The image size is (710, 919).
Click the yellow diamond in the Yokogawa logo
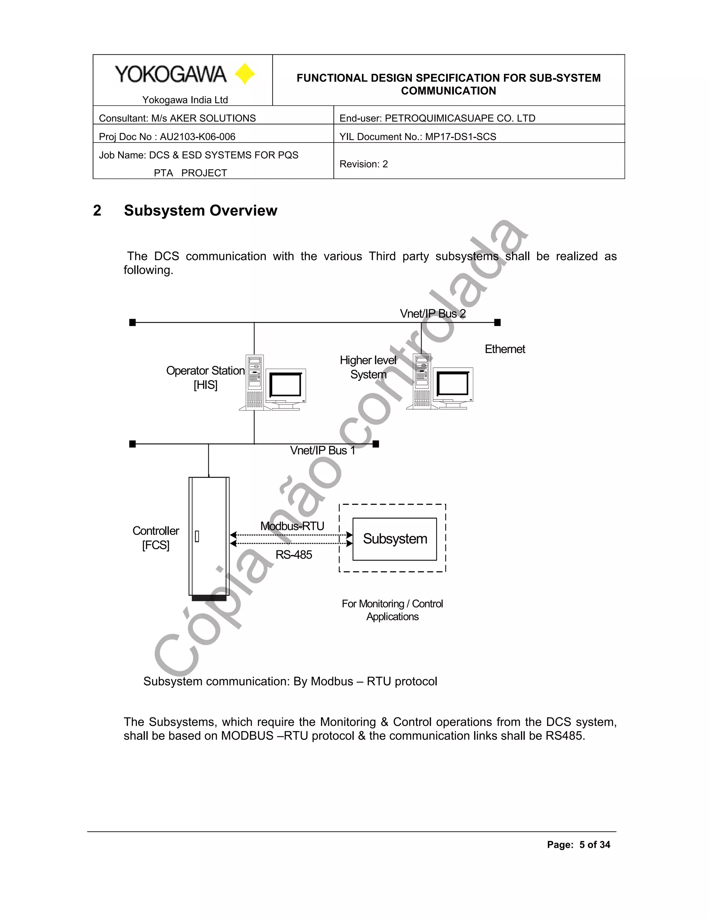tap(245, 74)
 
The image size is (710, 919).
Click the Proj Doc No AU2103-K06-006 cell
tap(167, 137)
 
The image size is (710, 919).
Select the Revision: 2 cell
tap(363, 164)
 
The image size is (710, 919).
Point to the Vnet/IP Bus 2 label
tap(432, 314)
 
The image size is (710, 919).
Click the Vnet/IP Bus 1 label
tap(322, 451)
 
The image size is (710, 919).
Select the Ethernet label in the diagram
tap(505, 349)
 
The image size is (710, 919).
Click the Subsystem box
tap(395, 539)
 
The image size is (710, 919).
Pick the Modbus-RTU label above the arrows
tap(292, 526)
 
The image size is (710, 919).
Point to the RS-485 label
tap(294, 555)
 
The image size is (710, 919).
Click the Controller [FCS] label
tap(156, 538)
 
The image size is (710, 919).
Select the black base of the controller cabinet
tap(209, 598)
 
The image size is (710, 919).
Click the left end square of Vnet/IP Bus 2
tap(132, 323)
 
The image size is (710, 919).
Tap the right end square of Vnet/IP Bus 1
tap(376, 444)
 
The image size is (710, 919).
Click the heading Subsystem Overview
tap(200, 211)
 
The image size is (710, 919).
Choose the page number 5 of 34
tap(594, 844)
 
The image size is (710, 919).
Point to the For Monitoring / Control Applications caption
tap(392, 610)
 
